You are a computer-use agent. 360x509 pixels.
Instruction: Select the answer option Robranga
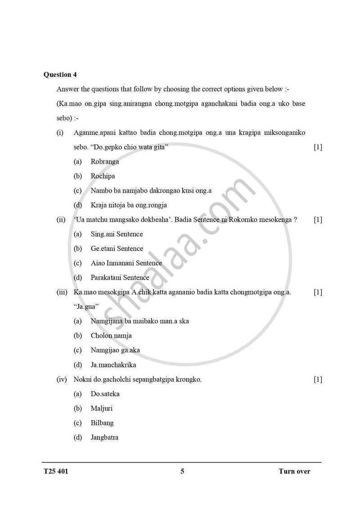[104, 162]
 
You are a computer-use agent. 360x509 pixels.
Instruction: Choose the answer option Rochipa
[103, 176]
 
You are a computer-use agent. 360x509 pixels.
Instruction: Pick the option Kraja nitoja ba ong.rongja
[128, 205]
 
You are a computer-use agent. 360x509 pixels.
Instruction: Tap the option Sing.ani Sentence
[117, 234]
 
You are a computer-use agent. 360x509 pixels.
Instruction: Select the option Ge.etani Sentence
[117, 249]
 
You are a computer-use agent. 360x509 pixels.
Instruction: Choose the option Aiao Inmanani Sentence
[126, 263]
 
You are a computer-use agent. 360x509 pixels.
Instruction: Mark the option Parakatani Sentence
[120, 277]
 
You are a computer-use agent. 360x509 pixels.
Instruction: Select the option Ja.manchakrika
[113, 365]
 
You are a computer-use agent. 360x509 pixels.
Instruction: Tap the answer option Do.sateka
[105, 394]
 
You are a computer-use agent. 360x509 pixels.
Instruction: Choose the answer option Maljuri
[101, 408]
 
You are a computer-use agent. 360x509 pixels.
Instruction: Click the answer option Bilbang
[102, 423]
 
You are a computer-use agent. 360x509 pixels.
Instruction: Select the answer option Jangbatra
[104, 437]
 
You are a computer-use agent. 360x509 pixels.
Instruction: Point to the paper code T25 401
[56, 471]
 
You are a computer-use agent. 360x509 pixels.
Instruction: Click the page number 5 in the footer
[182, 471]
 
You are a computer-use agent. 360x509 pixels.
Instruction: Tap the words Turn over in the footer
[294, 471]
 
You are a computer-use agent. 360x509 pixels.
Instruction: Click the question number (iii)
[62, 292]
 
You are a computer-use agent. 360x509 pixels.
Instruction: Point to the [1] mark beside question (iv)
[318, 380]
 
